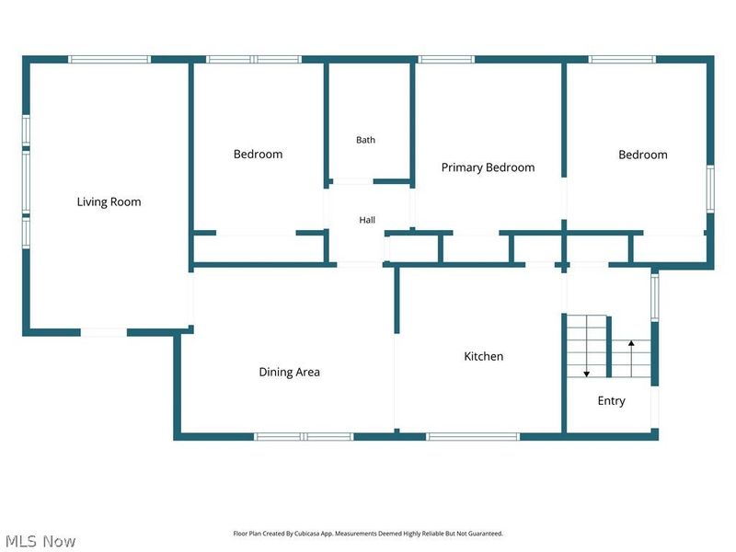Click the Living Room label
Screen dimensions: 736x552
(109, 201)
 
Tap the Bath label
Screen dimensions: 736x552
(365, 140)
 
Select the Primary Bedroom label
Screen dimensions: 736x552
(488, 167)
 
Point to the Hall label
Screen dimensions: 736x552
(367, 220)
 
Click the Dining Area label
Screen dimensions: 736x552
(289, 373)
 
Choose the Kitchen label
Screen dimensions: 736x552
(484, 356)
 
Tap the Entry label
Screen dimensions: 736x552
(611, 401)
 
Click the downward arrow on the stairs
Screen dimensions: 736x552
(586, 346)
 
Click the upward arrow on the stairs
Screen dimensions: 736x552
(631, 359)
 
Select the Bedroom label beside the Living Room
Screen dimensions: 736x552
(258, 155)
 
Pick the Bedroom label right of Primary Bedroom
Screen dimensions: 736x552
(642, 155)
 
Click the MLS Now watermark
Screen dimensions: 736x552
(40, 541)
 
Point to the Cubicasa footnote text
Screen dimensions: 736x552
(368, 534)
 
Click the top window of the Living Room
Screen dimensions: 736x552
(109, 59)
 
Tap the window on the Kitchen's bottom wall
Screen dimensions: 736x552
(473, 436)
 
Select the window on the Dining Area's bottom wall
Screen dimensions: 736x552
(304, 436)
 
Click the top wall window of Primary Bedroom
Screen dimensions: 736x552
(446, 59)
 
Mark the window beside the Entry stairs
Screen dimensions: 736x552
(654, 297)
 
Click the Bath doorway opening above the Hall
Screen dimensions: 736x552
(353, 181)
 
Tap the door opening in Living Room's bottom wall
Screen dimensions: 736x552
(104, 332)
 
